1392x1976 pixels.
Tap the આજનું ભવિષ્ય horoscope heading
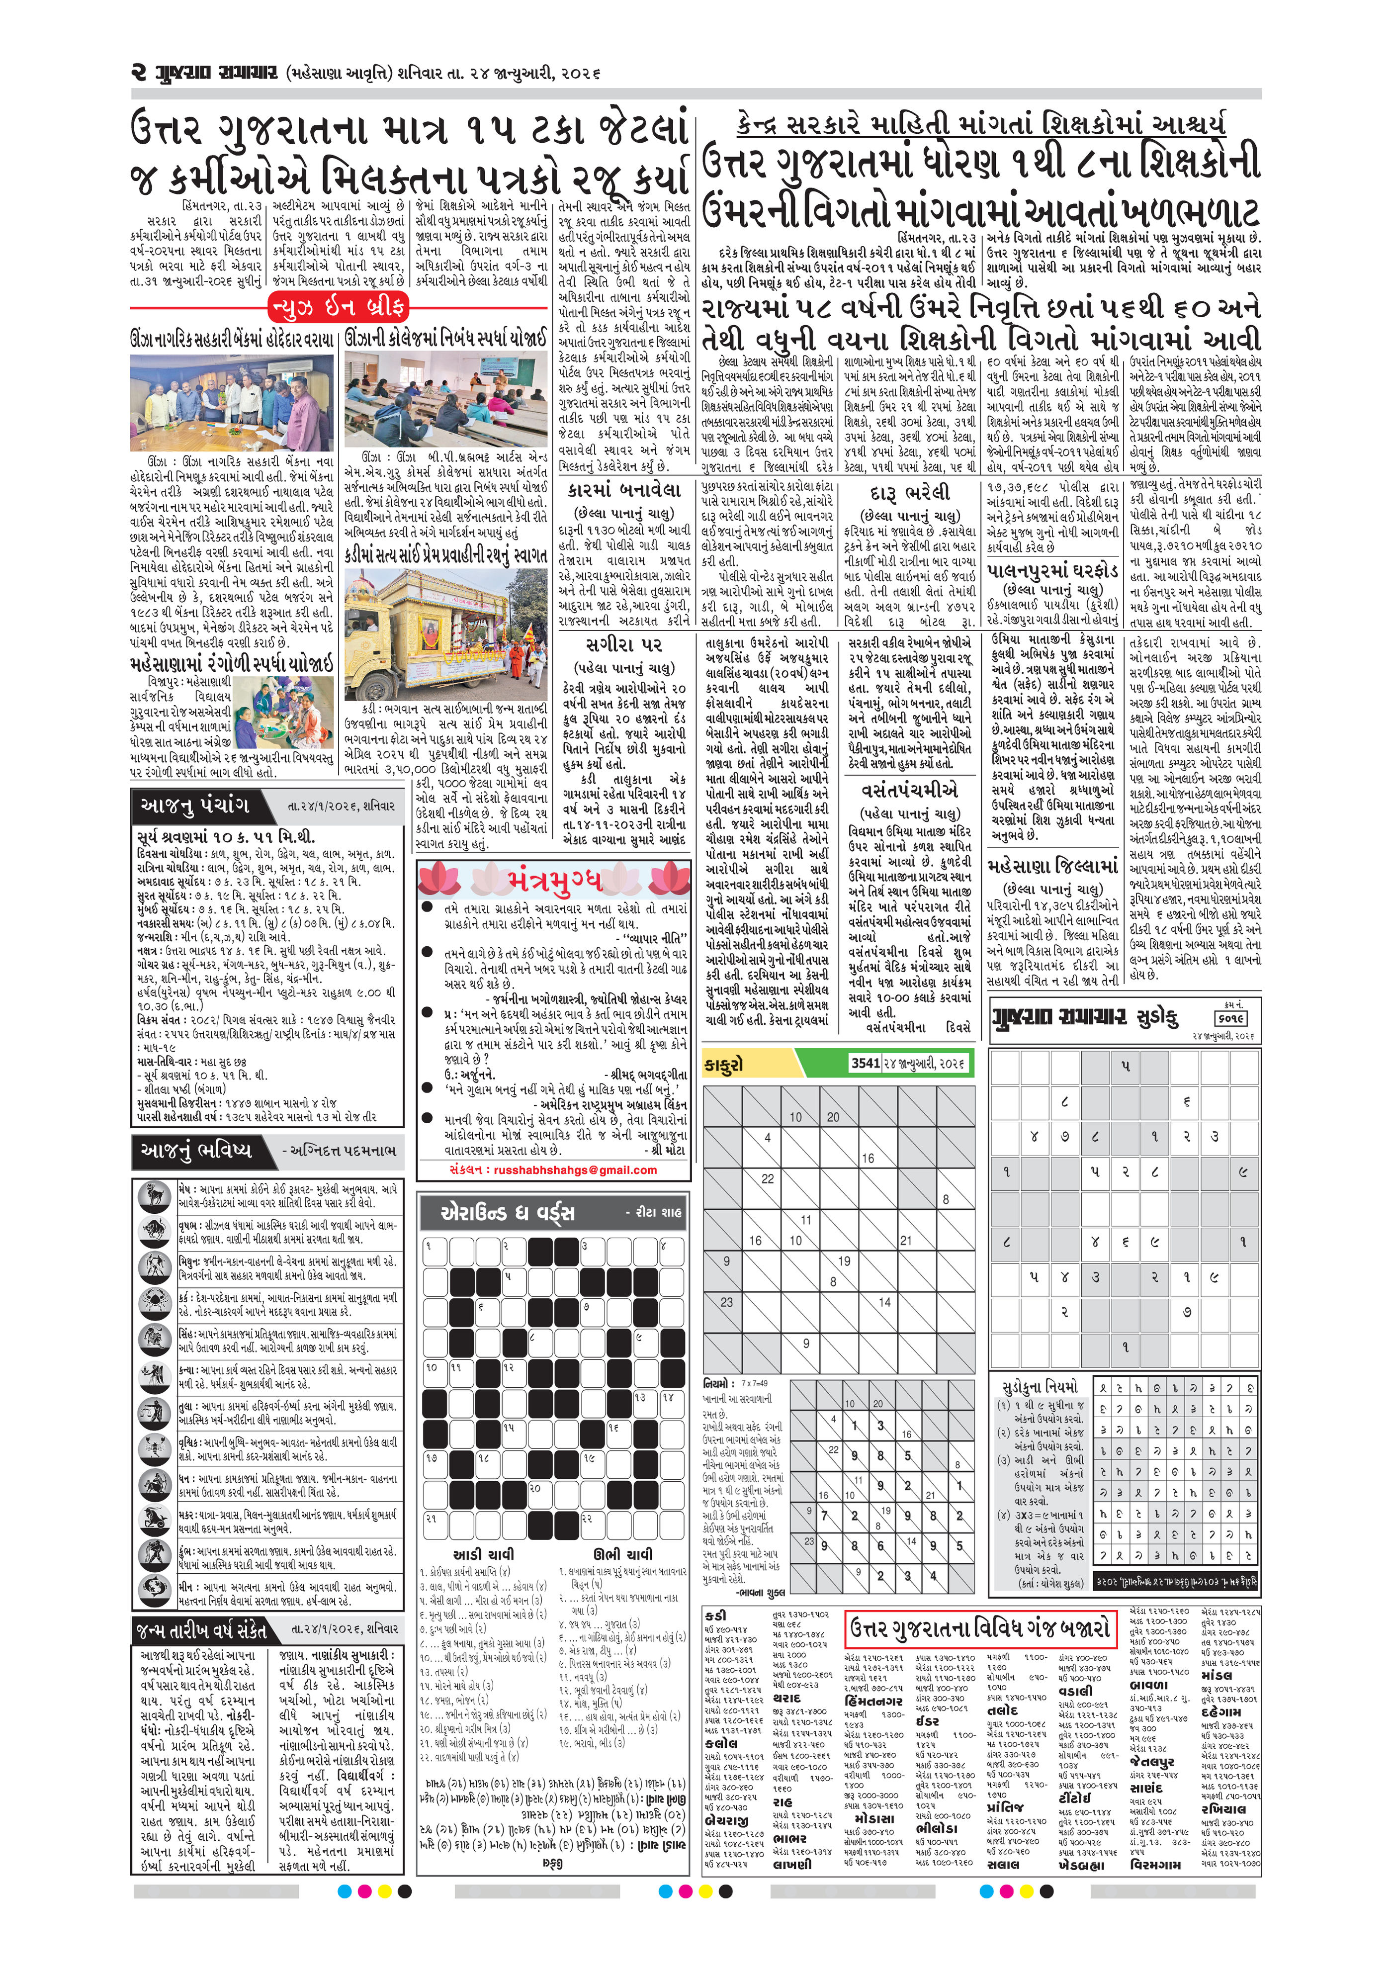[x=197, y=1150]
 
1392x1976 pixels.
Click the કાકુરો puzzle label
[x=724, y=1065]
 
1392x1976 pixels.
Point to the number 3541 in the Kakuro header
[x=865, y=1064]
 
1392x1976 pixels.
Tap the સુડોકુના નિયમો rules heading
[x=1039, y=1387]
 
